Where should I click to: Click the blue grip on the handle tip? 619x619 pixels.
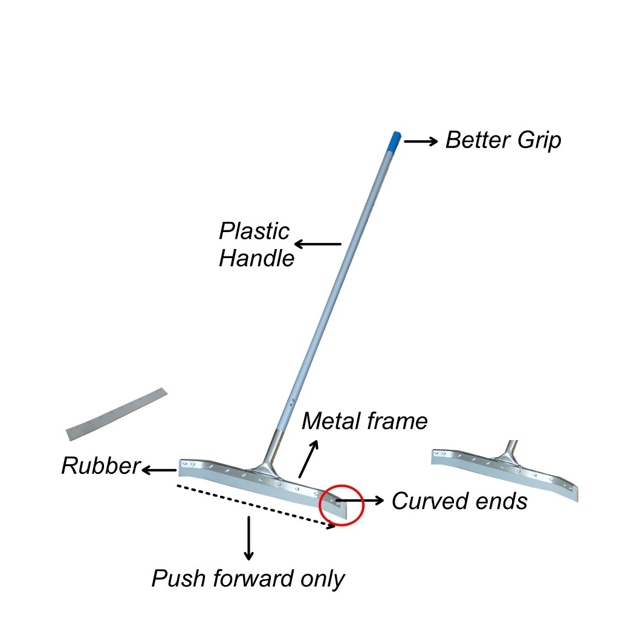[394, 141]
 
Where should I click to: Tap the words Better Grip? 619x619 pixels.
[503, 141]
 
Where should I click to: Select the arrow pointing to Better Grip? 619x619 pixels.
[421, 141]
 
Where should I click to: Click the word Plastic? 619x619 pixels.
[254, 232]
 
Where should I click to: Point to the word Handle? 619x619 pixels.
[256, 259]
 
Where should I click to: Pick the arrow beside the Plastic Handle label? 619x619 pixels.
[317, 244]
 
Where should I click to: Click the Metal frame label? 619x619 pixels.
[364, 421]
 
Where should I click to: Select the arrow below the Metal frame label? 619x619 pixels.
[308, 459]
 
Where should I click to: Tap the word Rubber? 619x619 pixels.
[100, 466]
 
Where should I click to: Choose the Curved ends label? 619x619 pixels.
[459, 501]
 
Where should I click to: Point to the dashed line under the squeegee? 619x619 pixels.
[254, 505]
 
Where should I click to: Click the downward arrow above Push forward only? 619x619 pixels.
[248, 537]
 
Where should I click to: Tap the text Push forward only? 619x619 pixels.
[247, 579]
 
